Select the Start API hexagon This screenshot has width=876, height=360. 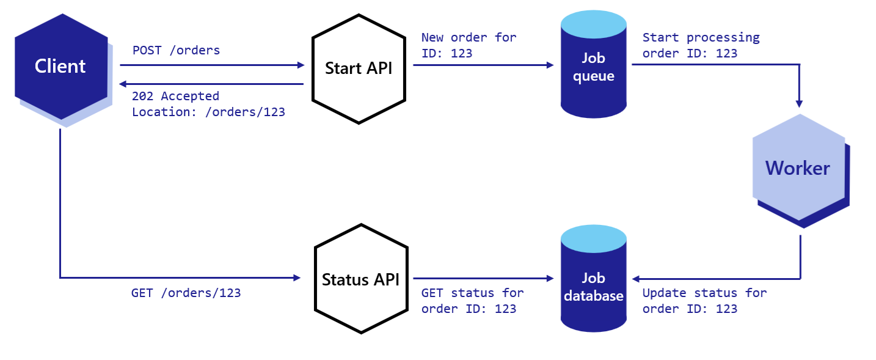click(359, 68)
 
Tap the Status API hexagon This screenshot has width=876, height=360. click(360, 279)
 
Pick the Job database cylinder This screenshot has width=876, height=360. click(593, 287)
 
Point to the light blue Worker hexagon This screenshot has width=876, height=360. click(797, 167)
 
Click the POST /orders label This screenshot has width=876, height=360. click(176, 50)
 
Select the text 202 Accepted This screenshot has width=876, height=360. click(175, 96)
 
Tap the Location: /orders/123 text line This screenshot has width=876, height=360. click(208, 112)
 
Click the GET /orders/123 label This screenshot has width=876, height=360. click(186, 293)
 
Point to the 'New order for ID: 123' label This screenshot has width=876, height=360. click(468, 45)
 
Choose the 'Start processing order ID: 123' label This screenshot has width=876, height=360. click(701, 45)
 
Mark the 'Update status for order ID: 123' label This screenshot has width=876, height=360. click(704, 300)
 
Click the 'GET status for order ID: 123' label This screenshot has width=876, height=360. click(472, 300)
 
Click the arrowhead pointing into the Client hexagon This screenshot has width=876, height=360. click(123, 84)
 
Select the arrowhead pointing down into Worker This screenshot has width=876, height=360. click(800, 103)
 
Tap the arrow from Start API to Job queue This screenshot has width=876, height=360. click(483, 65)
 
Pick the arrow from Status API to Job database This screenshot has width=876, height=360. click(483, 278)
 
